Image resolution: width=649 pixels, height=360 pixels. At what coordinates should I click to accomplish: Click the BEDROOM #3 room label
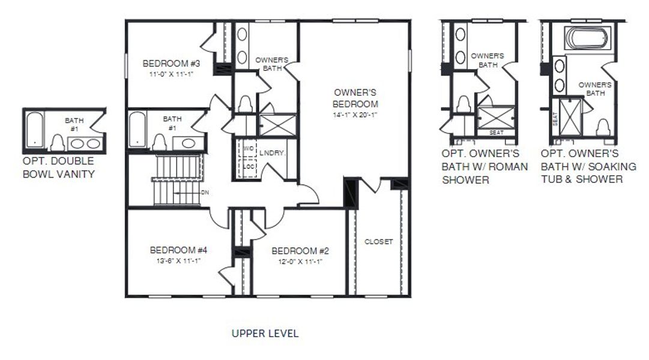pyautogui.click(x=166, y=64)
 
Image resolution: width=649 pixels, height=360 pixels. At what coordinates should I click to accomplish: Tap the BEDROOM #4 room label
pyautogui.click(x=178, y=250)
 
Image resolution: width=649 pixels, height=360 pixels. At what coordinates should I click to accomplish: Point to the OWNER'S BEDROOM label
pyautogui.click(x=355, y=98)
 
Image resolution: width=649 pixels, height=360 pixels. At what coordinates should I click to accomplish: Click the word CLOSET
pyautogui.click(x=379, y=242)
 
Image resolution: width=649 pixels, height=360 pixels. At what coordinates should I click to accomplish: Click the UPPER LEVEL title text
pyautogui.click(x=265, y=334)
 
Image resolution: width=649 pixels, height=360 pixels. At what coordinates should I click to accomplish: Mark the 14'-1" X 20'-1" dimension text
pyautogui.click(x=356, y=114)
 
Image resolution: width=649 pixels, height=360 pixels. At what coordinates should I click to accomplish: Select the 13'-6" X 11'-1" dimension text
pyautogui.click(x=178, y=260)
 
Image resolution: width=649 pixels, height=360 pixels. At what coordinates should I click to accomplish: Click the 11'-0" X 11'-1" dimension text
pyautogui.click(x=172, y=74)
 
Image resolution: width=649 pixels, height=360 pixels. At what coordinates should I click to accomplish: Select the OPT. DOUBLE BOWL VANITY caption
pyautogui.click(x=58, y=168)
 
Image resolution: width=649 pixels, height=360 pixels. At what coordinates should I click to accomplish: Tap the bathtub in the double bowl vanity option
pyautogui.click(x=35, y=129)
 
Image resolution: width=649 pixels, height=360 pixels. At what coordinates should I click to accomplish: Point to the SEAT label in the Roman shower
pyautogui.click(x=497, y=133)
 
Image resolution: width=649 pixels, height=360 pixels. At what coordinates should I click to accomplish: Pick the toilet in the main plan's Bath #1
pyautogui.click(x=159, y=143)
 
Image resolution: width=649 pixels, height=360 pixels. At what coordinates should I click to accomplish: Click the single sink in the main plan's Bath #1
pyautogui.click(x=189, y=143)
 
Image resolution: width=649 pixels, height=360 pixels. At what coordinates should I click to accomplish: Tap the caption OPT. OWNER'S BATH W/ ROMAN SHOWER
pyautogui.click(x=485, y=166)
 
